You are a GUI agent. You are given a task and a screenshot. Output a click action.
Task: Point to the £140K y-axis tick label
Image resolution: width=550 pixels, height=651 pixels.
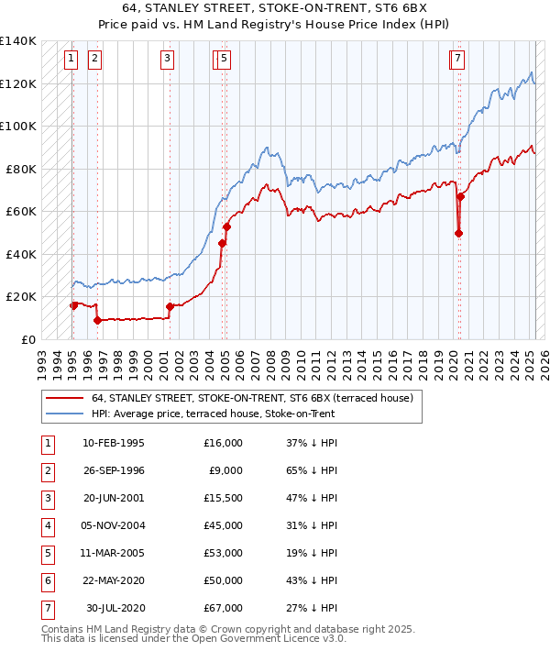tap(18, 41)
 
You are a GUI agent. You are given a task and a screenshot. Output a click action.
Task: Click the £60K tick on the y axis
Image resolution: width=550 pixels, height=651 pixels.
tap(21, 211)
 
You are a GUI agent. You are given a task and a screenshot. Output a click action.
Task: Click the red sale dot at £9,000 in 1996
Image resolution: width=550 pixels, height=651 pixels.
tap(97, 320)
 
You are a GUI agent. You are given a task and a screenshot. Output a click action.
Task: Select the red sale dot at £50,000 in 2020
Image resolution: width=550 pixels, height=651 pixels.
tap(458, 233)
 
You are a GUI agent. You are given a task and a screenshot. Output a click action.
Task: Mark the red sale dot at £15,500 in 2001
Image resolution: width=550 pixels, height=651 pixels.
tap(170, 306)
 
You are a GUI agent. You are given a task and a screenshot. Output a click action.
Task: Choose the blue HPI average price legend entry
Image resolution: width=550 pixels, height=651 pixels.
tap(213, 414)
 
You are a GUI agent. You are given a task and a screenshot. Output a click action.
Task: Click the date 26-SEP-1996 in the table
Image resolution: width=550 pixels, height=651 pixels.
tap(114, 470)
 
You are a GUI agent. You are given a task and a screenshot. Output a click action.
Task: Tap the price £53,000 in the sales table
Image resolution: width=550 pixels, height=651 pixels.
tap(224, 553)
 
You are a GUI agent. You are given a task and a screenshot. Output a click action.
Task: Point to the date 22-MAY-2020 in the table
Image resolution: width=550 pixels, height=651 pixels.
tap(114, 580)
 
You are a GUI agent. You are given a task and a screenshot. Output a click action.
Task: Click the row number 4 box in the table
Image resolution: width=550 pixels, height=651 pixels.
tap(47, 525)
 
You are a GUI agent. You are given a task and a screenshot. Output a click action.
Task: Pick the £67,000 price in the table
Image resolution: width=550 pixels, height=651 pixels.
tap(224, 608)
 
